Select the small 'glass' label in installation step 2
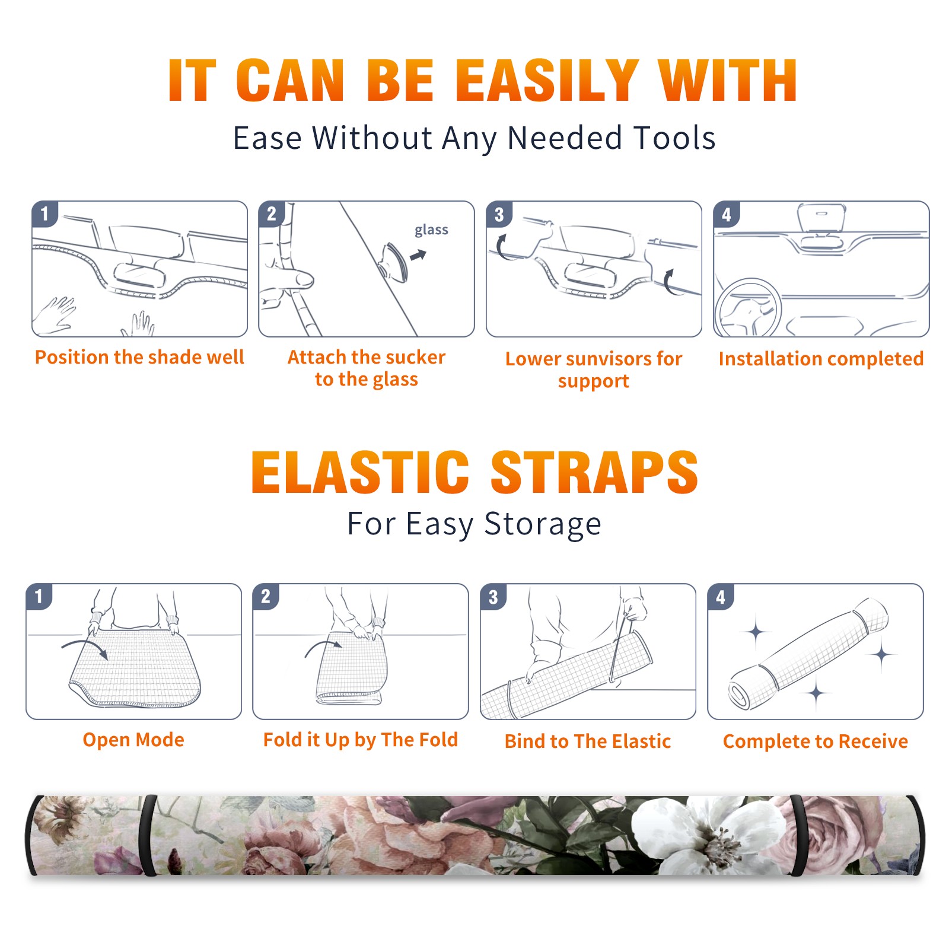click(x=431, y=230)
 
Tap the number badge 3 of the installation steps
click(x=499, y=214)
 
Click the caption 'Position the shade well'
click(x=139, y=357)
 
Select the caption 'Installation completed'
click(x=821, y=358)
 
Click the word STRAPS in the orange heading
click(x=594, y=472)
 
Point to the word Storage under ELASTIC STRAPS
click(x=543, y=524)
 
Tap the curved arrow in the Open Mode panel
click(x=85, y=648)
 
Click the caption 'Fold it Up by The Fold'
click(x=361, y=740)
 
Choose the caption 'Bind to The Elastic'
click(x=588, y=741)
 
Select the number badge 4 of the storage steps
click(x=720, y=597)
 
